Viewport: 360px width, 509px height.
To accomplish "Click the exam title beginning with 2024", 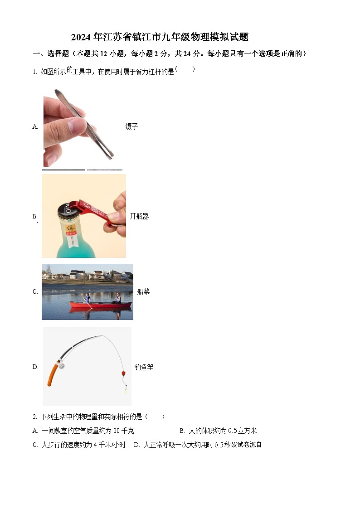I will click(x=160, y=37).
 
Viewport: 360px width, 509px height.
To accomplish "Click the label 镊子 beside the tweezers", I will click(x=131, y=127).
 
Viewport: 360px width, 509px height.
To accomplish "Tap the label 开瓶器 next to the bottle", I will click(x=139, y=216).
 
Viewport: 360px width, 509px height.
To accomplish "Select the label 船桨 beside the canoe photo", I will click(x=143, y=291).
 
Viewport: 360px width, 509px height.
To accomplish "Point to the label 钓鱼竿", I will click(x=144, y=367).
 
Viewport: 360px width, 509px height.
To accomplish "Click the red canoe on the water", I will click(x=100, y=305).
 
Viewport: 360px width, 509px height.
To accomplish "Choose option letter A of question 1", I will click(x=35, y=127).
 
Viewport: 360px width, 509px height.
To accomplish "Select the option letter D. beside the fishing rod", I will click(x=35, y=367).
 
